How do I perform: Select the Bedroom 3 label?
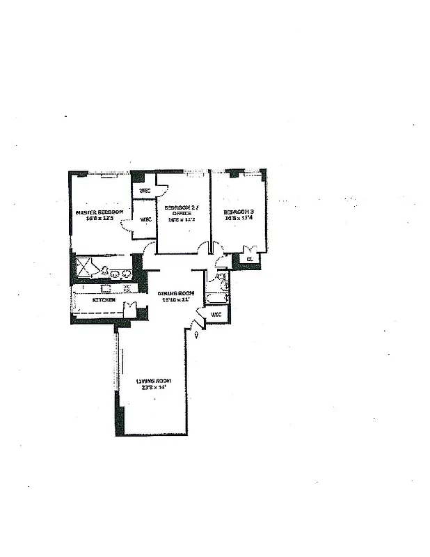(239, 212)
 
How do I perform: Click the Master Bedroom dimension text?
(100, 218)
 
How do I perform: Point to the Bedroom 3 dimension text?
(239, 218)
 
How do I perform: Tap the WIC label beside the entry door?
(216, 314)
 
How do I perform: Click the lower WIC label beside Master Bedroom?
(146, 220)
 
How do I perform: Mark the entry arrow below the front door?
(197, 336)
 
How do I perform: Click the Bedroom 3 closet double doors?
(250, 249)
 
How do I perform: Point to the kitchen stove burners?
(127, 288)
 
